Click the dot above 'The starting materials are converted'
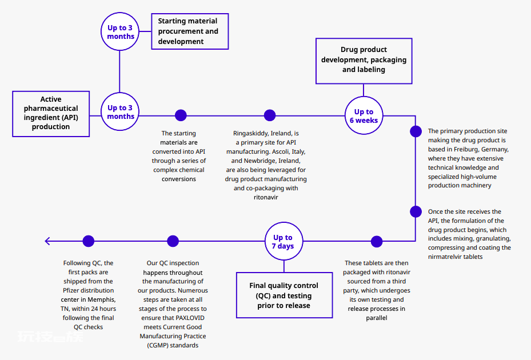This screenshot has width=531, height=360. point(181,115)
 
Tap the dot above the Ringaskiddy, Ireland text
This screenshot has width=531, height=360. point(270,115)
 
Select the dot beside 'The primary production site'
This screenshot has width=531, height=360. point(416,131)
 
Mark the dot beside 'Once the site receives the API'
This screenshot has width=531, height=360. point(416,211)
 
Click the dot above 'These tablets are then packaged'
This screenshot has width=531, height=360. point(377,242)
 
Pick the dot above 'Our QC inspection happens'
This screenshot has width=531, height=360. point(173,241)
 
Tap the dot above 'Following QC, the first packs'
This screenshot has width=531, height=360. point(89,241)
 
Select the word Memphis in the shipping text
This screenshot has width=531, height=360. point(102,299)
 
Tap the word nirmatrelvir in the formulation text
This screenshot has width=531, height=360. point(445,257)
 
